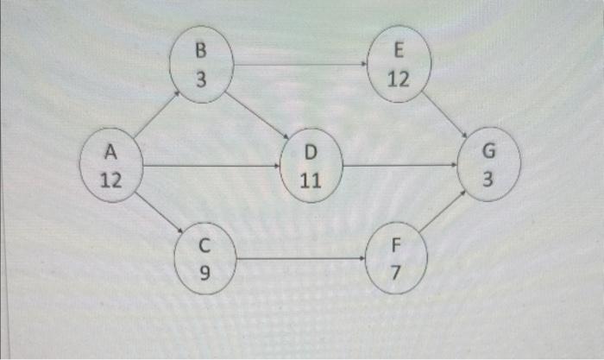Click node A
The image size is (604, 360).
point(110,166)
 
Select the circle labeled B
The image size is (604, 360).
point(200,66)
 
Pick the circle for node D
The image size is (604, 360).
point(311,166)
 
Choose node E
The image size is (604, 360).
point(399,66)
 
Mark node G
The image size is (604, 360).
point(489,166)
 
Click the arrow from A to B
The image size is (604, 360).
point(155,116)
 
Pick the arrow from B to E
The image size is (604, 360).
point(299,64)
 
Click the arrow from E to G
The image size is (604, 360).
point(446,116)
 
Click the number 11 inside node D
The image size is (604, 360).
point(311,181)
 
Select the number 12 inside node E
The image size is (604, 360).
point(399,80)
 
